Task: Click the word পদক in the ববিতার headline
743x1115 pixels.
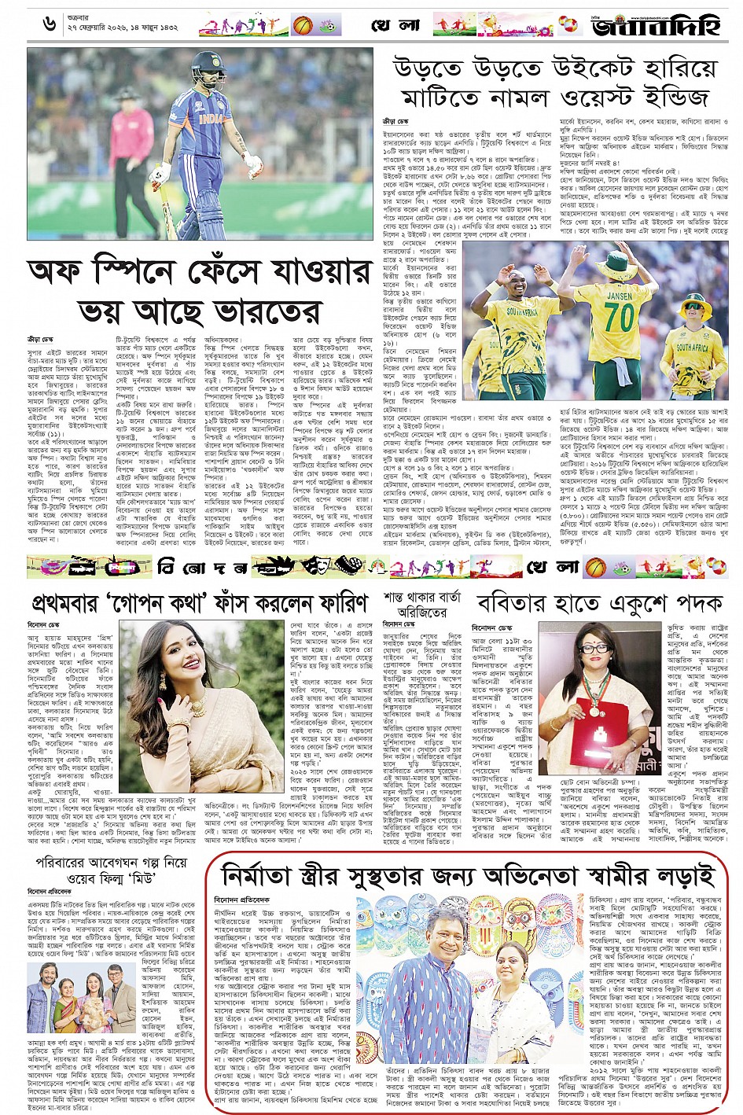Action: click(693, 603)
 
